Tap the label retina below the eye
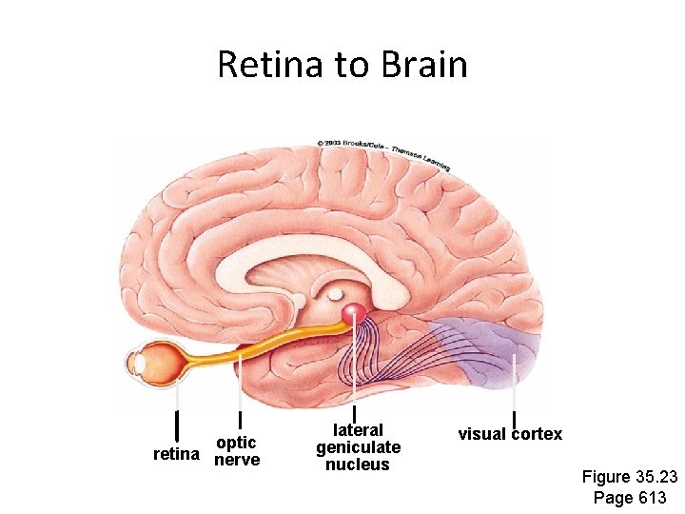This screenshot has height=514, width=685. click(x=177, y=455)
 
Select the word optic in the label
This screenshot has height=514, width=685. click(x=236, y=443)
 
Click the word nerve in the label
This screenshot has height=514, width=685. click(x=237, y=461)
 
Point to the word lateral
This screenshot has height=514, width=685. click(x=358, y=430)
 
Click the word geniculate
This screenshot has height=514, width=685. click(x=358, y=447)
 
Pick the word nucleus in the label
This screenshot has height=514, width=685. click(x=358, y=465)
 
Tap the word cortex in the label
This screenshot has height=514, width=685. click(x=539, y=435)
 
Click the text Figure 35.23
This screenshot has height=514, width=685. click(x=629, y=477)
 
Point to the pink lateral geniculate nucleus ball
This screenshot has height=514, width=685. click(x=354, y=313)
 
